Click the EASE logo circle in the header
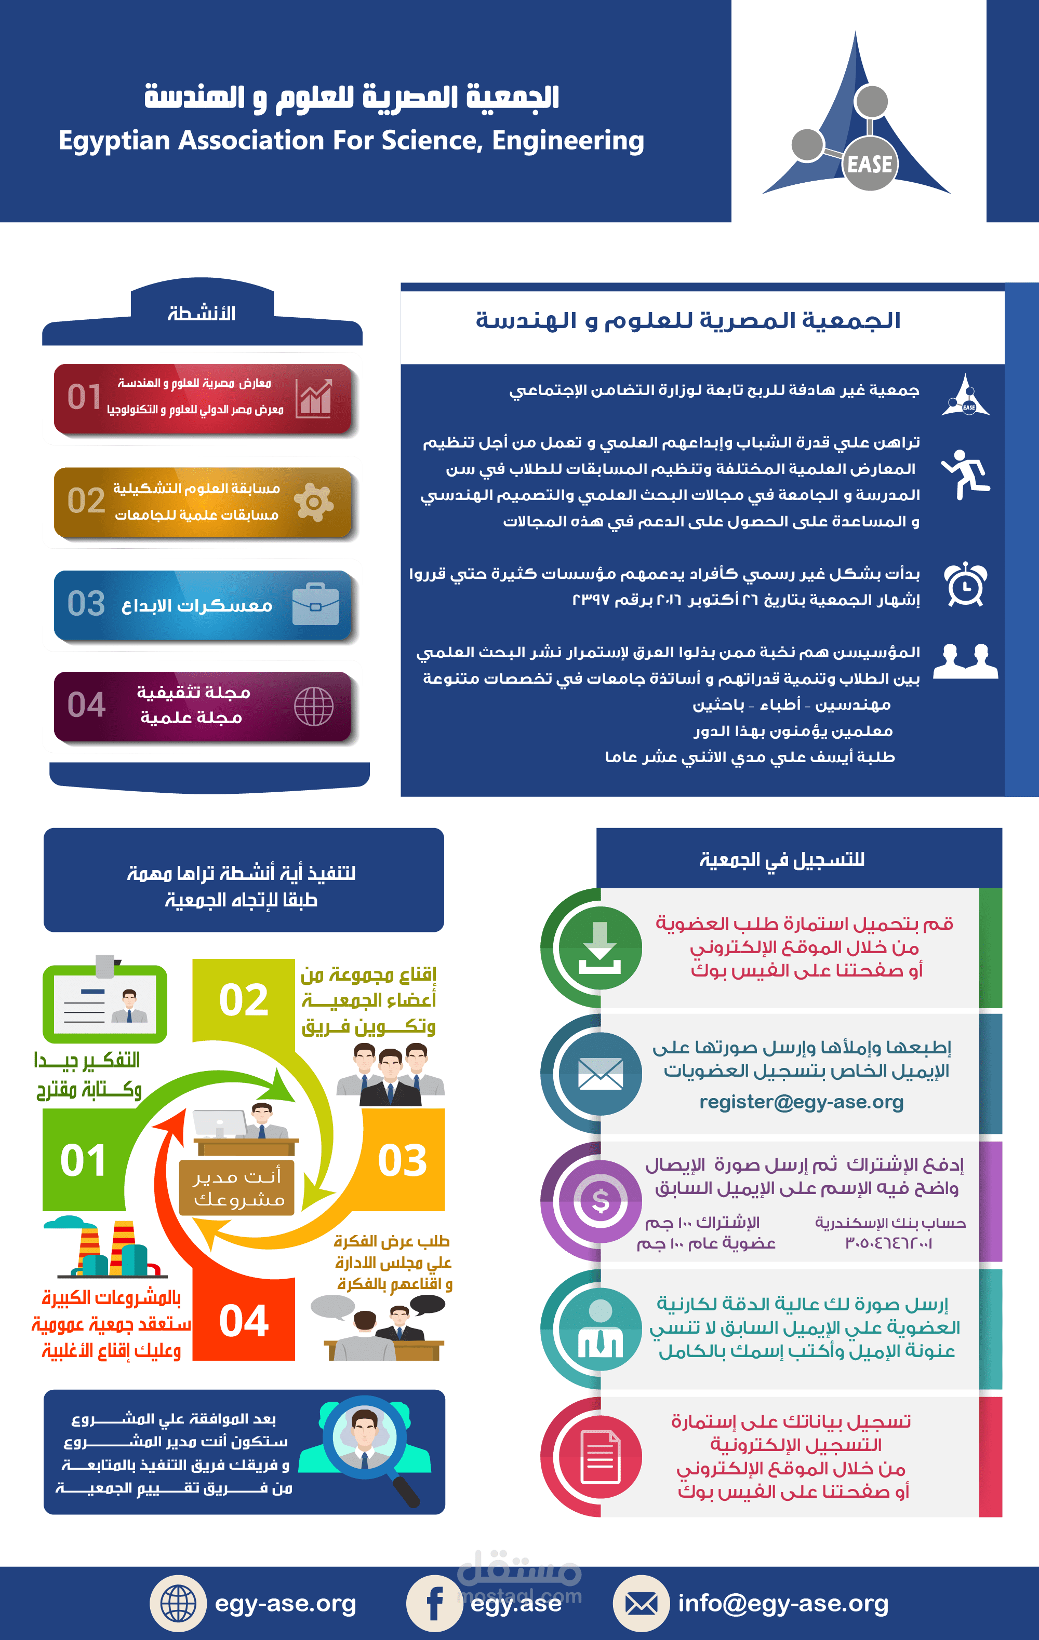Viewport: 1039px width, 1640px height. click(x=869, y=164)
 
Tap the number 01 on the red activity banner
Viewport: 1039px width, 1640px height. click(x=85, y=397)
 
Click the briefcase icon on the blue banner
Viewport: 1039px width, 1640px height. click(x=315, y=604)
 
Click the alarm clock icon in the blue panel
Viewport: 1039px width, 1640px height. click(x=965, y=585)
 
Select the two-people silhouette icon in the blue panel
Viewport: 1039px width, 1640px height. click(x=965, y=661)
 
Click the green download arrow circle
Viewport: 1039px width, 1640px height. click(x=600, y=947)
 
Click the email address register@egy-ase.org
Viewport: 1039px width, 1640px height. click(x=801, y=1102)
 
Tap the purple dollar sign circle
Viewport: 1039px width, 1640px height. click(x=600, y=1201)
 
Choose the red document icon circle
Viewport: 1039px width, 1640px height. click(x=600, y=1457)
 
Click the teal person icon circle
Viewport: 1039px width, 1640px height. click(x=600, y=1328)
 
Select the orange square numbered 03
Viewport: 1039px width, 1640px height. click(x=403, y=1160)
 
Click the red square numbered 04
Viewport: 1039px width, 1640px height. click(x=244, y=1321)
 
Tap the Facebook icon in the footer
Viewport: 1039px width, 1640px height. click(x=435, y=1603)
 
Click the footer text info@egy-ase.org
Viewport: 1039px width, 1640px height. click(x=783, y=1603)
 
